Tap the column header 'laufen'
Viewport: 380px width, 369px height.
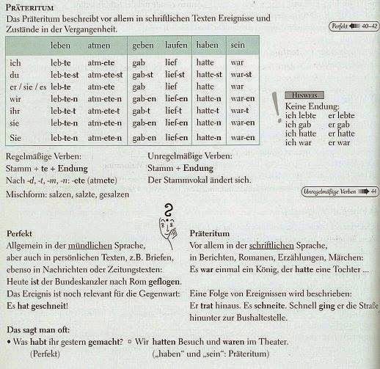175,45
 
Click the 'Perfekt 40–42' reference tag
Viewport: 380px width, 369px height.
354,26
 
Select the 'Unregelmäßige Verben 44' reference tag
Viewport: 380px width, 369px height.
340,192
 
